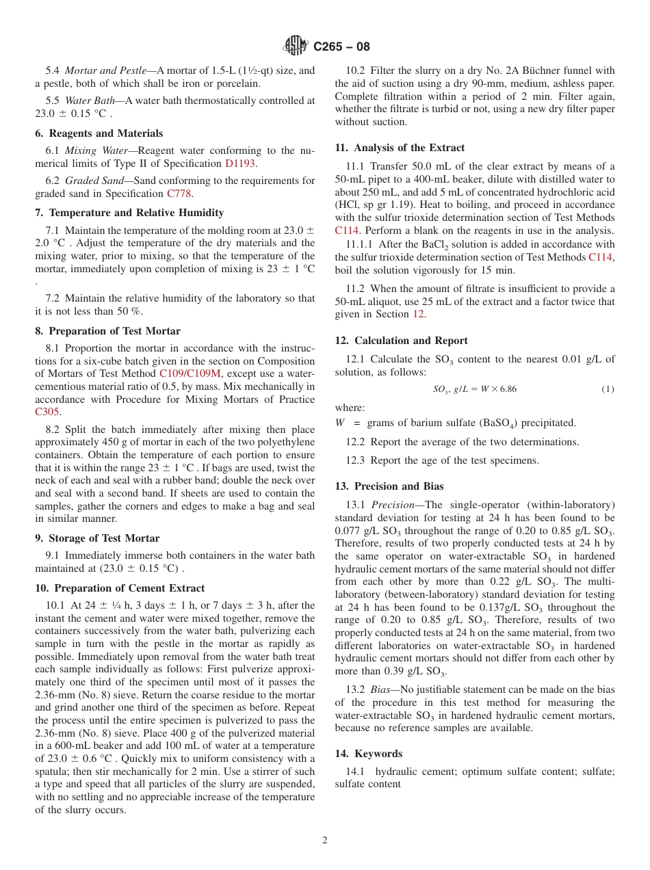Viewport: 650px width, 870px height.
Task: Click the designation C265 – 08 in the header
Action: (341, 47)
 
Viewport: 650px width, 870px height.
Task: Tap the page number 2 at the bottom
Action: (325, 841)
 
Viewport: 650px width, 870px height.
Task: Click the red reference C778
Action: (180, 194)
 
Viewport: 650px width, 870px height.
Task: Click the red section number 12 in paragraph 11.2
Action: (418, 314)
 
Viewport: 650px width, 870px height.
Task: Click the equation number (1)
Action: (608, 389)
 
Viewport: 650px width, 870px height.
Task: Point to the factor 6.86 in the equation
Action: (508, 389)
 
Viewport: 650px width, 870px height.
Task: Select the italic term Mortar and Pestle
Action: (105, 70)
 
